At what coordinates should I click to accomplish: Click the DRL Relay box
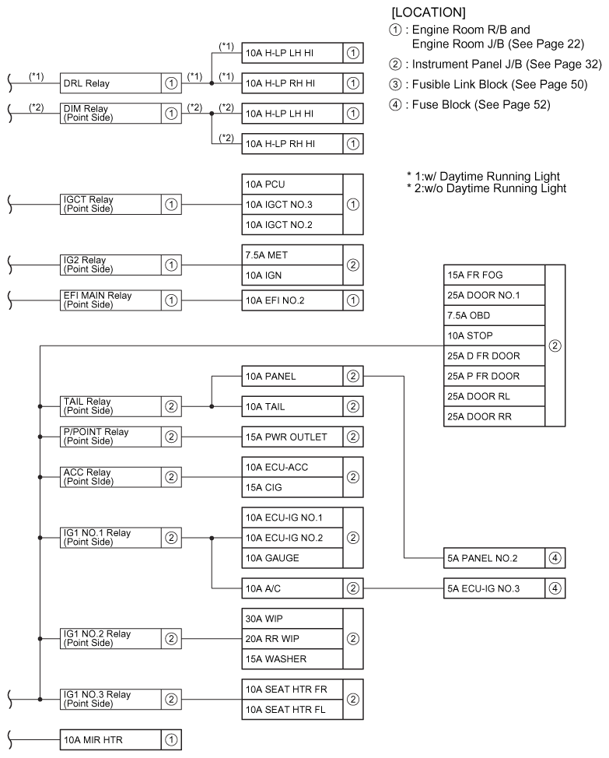coord(109,82)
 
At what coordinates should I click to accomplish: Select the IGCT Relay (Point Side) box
coord(109,205)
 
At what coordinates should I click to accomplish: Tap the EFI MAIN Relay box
coord(109,300)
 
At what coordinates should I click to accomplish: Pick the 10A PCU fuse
coord(292,184)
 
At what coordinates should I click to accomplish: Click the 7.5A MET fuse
coord(292,254)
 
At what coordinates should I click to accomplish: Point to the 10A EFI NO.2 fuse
coord(292,300)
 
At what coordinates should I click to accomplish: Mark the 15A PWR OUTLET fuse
coord(292,436)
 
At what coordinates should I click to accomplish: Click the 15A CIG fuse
coord(292,486)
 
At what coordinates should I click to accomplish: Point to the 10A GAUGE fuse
coord(292,557)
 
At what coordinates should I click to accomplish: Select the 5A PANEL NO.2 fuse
coord(493,557)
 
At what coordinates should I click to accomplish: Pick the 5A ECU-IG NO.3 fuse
coord(493,588)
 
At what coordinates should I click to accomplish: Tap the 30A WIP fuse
coord(292,619)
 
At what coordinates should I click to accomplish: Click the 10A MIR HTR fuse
coord(109,740)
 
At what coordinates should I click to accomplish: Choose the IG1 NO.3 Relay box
coord(109,699)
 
